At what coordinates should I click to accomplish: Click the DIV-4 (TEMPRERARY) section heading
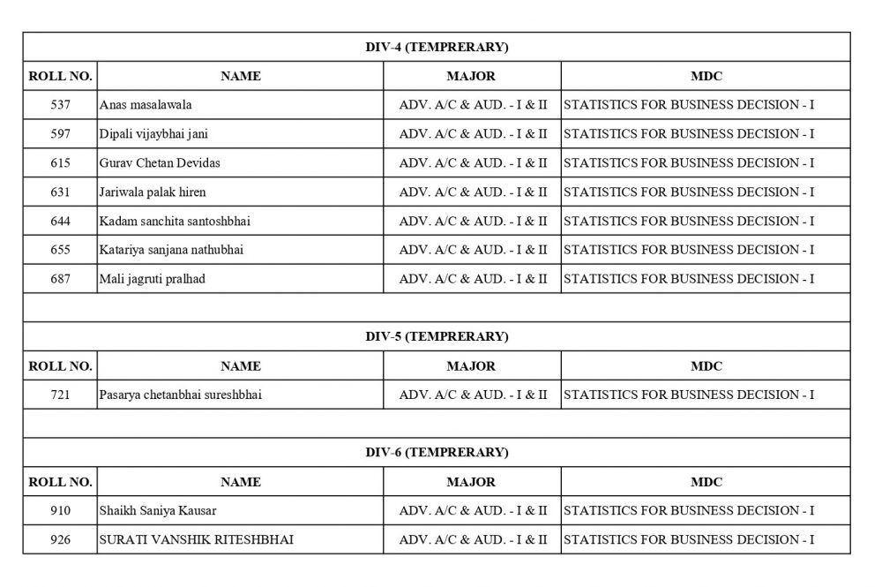pyautogui.click(x=437, y=47)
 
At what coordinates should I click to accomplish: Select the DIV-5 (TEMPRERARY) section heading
pyautogui.click(x=437, y=336)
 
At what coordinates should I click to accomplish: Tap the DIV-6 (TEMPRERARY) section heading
pyautogui.click(x=437, y=453)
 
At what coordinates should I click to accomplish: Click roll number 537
pyautogui.click(x=61, y=105)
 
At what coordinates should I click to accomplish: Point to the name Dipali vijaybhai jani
pyautogui.click(x=154, y=134)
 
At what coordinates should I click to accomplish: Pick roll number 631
pyautogui.click(x=61, y=192)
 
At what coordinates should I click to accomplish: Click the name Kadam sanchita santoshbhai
pyautogui.click(x=175, y=221)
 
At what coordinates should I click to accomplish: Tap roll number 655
pyautogui.click(x=61, y=250)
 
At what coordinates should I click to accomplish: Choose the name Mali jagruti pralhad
pyautogui.click(x=153, y=279)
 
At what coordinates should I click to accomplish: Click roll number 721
pyautogui.click(x=61, y=395)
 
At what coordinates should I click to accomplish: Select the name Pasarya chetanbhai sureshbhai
pyautogui.click(x=181, y=395)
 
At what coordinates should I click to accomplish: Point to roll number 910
pyautogui.click(x=61, y=510)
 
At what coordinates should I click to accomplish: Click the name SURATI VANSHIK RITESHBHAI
pyautogui.click(x=196, y=538)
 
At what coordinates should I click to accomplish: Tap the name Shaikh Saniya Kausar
pyautogui.click(x=158, y=510)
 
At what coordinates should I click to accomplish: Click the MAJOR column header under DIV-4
pyautogui.click(x=471, y=76)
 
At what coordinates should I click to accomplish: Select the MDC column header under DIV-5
pyautogui.click(x=706, y=365)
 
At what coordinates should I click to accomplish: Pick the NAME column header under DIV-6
pyautogui.click(x=240, y=482)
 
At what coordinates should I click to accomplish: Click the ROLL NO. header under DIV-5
pyautogui.click(x=61, y=365)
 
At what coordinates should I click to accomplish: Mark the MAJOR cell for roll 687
pyautogui.click(x=473, y=279)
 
